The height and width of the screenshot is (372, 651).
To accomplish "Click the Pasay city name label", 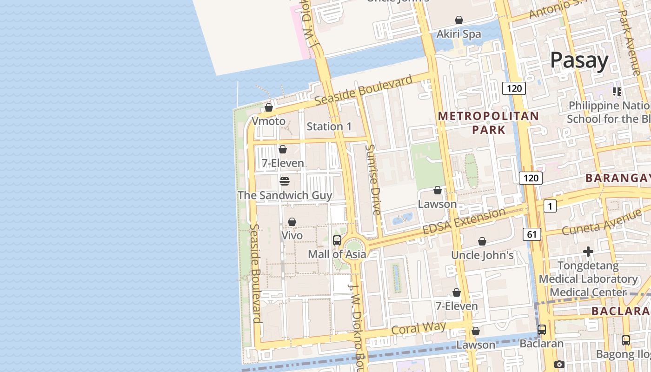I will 579,60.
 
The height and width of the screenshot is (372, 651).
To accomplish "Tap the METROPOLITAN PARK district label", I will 488,123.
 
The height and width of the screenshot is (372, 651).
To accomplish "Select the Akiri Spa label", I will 458,34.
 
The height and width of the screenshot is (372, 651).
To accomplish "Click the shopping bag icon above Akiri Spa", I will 459,20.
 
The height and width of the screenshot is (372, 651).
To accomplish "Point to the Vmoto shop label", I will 268,121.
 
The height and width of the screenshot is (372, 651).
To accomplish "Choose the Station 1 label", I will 329,126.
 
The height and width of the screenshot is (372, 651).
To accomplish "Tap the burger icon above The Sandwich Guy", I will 285,181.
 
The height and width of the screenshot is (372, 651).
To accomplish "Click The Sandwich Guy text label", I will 285,195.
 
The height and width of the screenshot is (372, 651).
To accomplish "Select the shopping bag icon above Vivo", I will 292,222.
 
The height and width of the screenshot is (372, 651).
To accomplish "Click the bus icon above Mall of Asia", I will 337,240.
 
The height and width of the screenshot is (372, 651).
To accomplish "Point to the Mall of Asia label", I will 337,254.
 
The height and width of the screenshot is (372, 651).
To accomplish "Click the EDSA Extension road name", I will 464,222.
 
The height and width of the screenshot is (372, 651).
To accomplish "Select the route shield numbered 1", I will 550,206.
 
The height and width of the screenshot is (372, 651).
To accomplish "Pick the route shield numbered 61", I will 532,234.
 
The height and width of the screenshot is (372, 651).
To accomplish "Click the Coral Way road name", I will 418,328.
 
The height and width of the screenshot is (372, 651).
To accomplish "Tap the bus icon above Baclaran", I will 542,330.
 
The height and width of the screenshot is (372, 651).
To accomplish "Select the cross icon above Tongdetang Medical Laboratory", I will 588,252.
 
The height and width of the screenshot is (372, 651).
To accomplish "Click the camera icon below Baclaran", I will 559,364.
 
